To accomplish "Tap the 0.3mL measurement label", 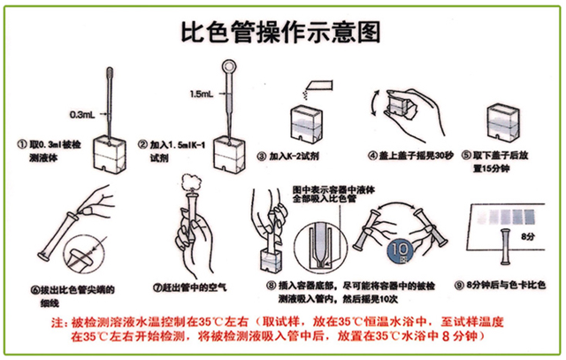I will tap(84, 113).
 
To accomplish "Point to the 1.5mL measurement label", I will tap(201, 93).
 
